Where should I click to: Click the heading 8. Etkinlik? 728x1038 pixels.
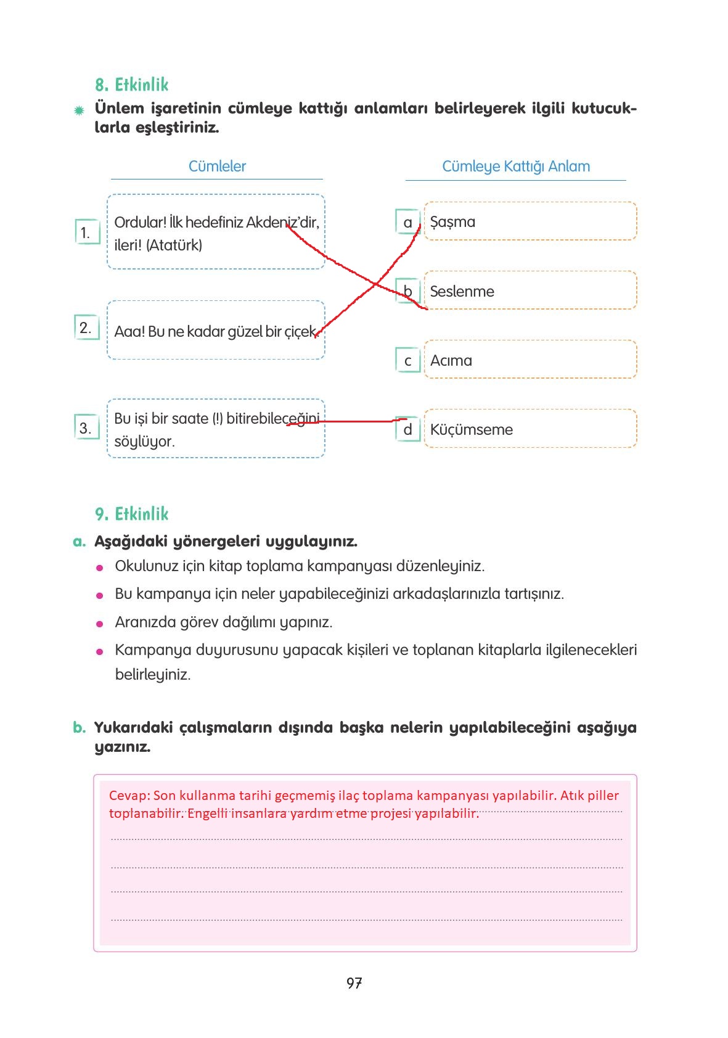(x=131, y=84)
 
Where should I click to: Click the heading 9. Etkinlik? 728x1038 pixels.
(x=131, y=514)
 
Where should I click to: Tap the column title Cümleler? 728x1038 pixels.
(x=217, y=167)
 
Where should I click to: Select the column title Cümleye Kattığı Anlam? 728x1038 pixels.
(x=516, y=167)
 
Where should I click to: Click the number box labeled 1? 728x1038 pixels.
(x=86, y=233)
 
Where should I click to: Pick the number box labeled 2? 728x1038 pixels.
(x=86, y=327)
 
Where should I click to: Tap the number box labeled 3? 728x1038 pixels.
(x=86, y=427)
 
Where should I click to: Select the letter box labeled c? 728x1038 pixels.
(x=407, y=361)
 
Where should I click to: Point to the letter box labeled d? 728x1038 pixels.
(x=407, y=430)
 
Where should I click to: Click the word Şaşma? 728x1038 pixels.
(x=452, y=222)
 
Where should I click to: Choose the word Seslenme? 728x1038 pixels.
(x=462, y=291)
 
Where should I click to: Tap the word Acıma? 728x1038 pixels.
(x=451, y=360)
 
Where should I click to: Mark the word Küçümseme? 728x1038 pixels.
(x=471, y=429)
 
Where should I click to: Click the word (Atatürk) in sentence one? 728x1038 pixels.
(x=174, y=245)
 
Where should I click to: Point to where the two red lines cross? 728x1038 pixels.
(x=375, y=284)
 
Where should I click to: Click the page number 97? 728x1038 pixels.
(x=354, y=983)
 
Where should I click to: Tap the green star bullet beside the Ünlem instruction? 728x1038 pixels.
(x=79, y=111)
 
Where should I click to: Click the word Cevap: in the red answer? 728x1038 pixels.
(x=129, y=796)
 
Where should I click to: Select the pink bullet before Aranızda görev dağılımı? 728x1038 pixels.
(x=100, y=624)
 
